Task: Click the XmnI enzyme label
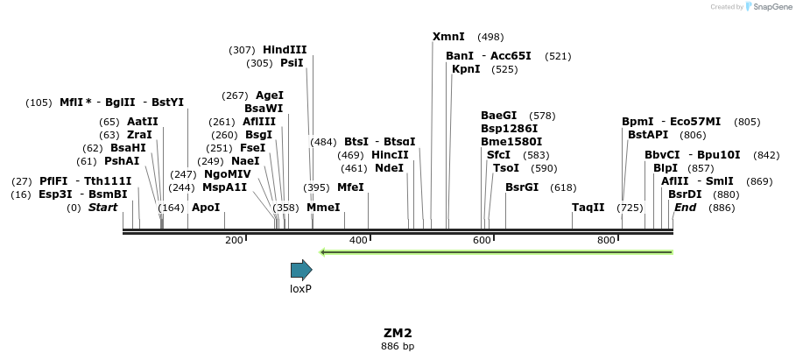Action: tap(449, 37)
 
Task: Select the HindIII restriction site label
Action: tap(285, 50)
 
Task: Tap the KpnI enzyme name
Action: tap(466, 69)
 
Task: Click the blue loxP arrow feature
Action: tap(301, 270)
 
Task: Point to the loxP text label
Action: tap(301, 288)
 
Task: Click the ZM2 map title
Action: tap(398, 333)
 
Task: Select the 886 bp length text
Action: tap(398, 347)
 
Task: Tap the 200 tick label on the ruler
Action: tap(234, 240)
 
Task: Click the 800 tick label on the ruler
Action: tap(606, 240)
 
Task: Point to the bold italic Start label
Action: tap(102, 208)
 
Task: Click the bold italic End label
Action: tap(685, 208)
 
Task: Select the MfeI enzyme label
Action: tap(350, 187)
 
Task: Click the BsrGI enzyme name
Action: tap(522, 187)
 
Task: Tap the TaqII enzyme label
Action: tap(588, 208)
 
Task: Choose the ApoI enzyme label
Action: tap(206, 208)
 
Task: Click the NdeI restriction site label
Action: tap(390, 168)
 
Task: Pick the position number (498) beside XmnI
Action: tap(490, 37)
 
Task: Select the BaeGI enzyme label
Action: tap(499, 116)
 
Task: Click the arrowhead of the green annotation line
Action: tap(322, 252)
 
